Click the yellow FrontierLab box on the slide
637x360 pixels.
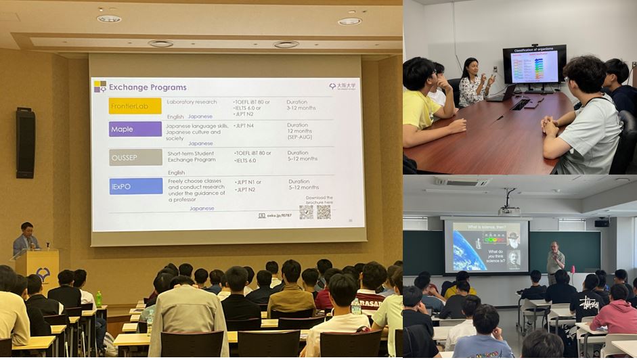[x=135, y=106]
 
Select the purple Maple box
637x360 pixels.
[x=135, y=129]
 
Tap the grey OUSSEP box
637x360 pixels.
[x=135, y=157]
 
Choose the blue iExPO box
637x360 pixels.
[x=135, y=186]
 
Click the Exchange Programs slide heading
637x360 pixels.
[x=147, y=87]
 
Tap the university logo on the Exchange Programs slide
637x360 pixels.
[x=343, y=87]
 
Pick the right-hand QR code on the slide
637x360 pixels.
[x=324, y=212]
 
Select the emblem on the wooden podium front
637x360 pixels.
[x=43, y=274]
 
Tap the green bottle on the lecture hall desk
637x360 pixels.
[x=99, y=298]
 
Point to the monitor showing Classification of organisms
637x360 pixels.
[x=534, y=66]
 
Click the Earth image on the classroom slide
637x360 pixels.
[x=468, y=251]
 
